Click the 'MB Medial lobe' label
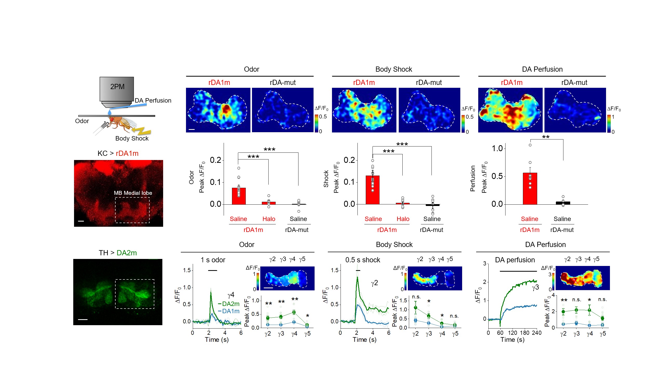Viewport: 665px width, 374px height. (x=133, y=193)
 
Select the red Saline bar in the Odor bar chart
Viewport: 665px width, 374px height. (x=238, y=196)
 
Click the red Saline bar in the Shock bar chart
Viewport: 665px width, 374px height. (x=373, y=190)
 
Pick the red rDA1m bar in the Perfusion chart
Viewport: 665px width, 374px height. (x=530, y=189)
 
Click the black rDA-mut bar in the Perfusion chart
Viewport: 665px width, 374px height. (x=563, y=203)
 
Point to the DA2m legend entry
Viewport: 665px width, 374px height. (x=229, y=304)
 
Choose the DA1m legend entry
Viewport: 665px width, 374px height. (x=229, y=311)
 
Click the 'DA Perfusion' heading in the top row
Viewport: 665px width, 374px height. (x=542, y=69)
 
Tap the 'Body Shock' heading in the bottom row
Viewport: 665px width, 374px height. (x=394, y=245)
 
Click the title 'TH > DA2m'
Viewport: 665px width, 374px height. (x=118, y=253)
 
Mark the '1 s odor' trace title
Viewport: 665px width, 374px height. (x=213, y=260)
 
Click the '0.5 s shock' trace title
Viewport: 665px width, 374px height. (x=362, y=260)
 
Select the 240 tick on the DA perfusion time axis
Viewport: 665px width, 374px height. (x=537, y=333)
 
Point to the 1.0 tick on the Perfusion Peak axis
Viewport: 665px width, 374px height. (x=497, y=149)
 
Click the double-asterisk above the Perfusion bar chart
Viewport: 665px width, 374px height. (x=546, y=137)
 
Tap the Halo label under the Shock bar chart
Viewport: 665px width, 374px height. (x=403, y=219)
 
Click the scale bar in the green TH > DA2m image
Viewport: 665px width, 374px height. (x=83, y=319)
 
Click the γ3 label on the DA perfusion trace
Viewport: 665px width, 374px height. (x=535, y=288)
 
